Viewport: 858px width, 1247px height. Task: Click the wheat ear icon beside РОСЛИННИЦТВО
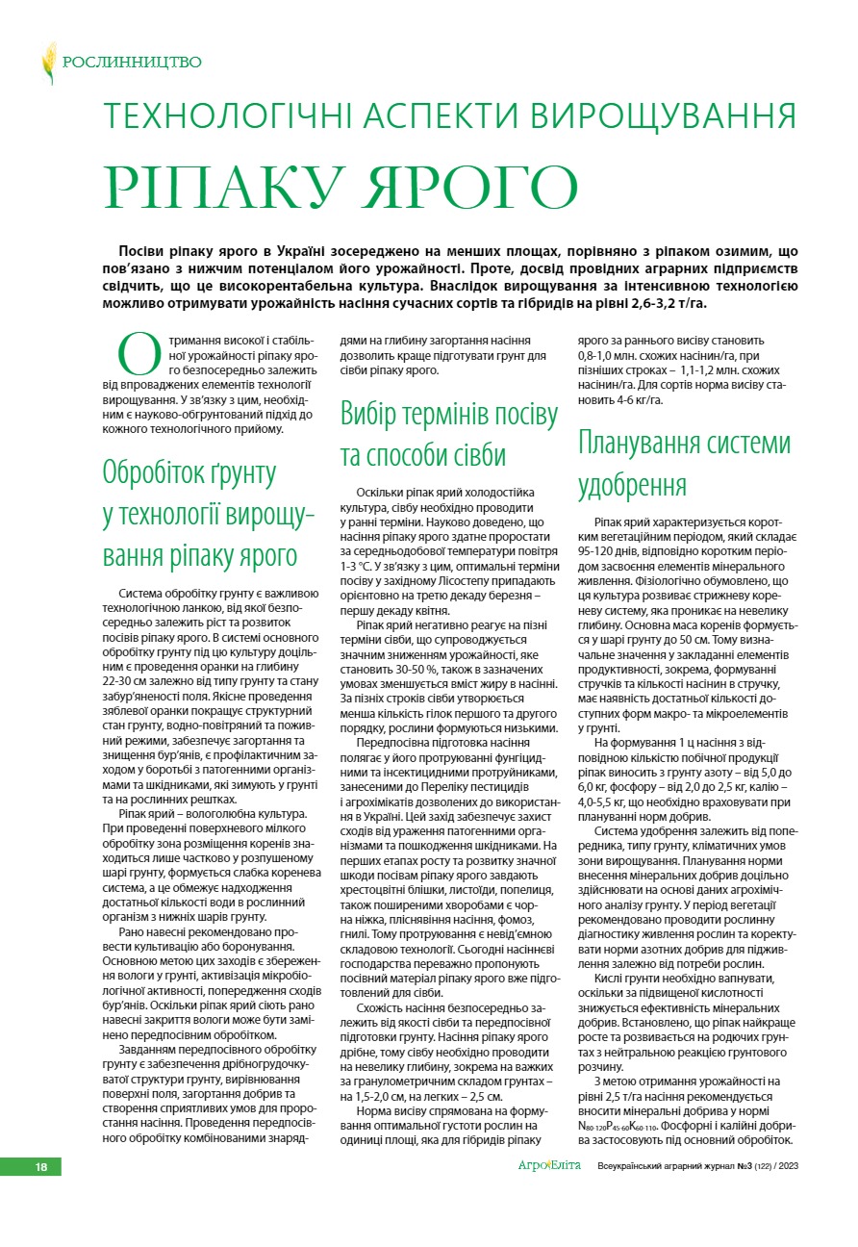[x=49, y=64]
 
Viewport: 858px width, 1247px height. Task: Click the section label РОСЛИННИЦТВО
[x=132, y=64]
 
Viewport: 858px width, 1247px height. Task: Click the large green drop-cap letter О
[x=137, y=353]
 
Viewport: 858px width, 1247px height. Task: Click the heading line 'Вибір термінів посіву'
[x=449, y=415]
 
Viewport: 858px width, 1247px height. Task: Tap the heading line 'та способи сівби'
[x=423, y=455]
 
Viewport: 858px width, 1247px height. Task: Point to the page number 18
[x=41, y=1167]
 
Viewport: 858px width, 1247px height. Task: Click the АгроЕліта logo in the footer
[x=552, y=1166]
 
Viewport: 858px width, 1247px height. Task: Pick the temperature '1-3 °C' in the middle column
[x=363, y=566]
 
